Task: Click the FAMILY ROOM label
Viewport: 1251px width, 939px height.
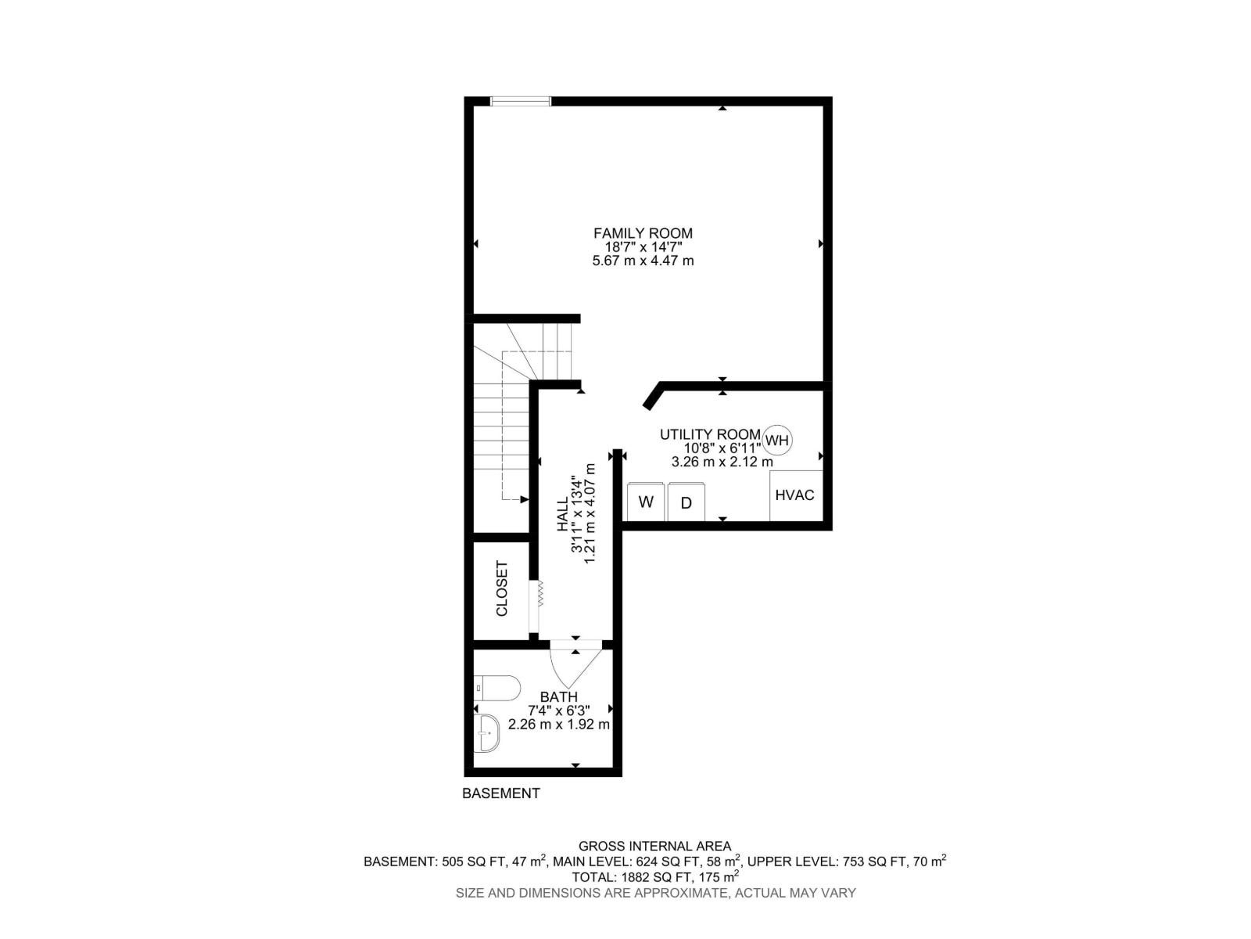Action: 643,233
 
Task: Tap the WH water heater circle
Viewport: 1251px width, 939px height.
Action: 777,441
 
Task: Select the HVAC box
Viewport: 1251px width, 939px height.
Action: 795,495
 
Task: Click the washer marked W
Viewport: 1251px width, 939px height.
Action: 646,502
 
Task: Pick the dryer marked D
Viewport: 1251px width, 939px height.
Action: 686,502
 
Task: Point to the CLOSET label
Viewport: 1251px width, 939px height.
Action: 502,588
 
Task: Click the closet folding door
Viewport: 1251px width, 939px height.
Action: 539,595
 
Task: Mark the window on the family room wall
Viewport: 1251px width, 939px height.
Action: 521,101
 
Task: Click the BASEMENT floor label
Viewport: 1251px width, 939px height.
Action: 501,793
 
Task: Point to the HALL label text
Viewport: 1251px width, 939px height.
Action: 563,516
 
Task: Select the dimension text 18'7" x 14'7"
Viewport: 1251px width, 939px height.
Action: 643,246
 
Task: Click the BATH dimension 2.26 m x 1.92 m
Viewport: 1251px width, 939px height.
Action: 559,725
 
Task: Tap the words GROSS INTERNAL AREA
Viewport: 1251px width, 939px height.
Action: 654,846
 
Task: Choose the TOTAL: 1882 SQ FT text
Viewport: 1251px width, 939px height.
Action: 655,876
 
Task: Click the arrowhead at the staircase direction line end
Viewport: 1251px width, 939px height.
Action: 525,498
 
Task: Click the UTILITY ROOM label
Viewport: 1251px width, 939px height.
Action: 710,434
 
